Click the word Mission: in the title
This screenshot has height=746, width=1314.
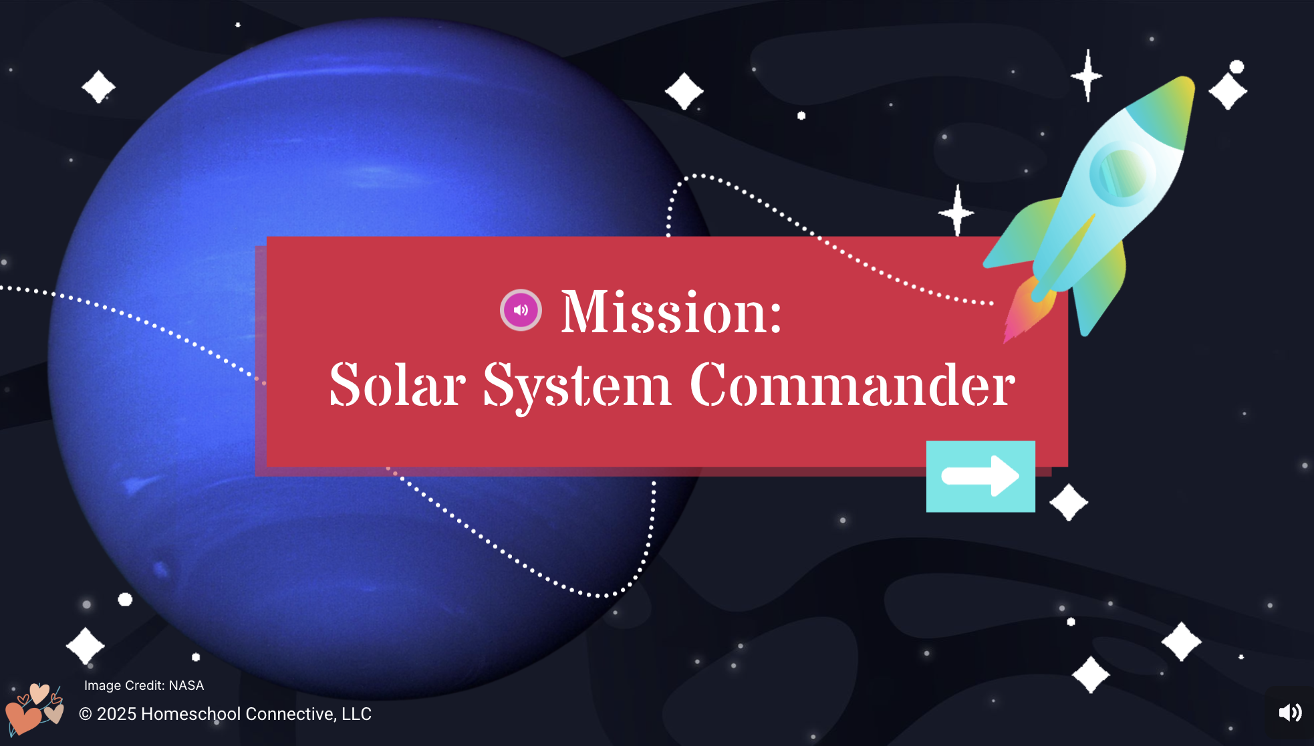click(671, 312)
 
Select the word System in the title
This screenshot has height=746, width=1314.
click(577, 386)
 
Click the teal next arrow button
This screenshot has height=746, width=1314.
click(980, 476)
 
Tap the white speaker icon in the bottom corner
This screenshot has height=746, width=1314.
click(1290, 713)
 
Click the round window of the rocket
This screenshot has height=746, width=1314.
click(1123, 171)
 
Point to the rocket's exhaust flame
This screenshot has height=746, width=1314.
click(1028, 311)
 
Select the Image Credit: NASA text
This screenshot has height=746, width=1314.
click(144, 685)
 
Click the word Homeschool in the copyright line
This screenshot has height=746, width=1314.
click(190, 714)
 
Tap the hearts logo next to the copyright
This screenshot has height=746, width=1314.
click(35, 709)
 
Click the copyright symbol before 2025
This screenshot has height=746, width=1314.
click(85, 714)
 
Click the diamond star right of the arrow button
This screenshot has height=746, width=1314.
click(1069, 502)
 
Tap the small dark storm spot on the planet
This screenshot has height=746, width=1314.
click(161, 569)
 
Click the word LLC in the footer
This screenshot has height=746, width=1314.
click(356, 714)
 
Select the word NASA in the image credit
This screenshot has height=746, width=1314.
click(186, 685)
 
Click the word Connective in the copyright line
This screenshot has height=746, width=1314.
click(291, 714)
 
